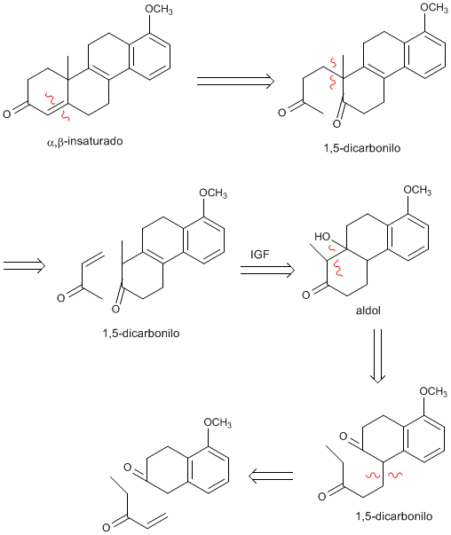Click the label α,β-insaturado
coord(84,141)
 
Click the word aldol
coord(368,311)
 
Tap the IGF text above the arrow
coord(260,255)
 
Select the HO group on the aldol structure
coord(322,237)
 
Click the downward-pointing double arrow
coord(377,356)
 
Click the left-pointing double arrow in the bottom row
coord(271,476)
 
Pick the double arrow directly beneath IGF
coord(267,271)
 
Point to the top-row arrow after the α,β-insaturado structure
coord(235,82)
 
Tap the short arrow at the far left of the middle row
coord(24,266)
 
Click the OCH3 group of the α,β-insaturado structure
coord(159,10)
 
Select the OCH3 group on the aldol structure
coord(417,190)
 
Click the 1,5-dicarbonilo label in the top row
coord(362,148)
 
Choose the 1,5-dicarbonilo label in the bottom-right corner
coord(394,516)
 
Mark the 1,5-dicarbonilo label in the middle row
coord(141,333)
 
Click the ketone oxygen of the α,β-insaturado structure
coord(7,114)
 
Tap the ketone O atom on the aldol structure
coord(306,295)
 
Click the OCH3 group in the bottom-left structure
coord(218,422)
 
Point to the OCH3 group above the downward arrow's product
coord(433,391)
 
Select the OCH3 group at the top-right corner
coord(434,8)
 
